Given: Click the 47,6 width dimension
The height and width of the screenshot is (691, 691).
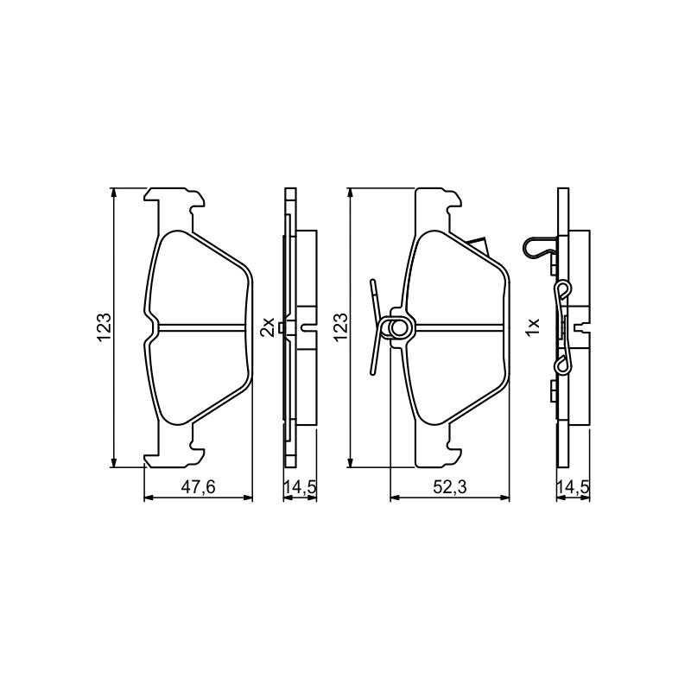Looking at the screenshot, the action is [198, 487].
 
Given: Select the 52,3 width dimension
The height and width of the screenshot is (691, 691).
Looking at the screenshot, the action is [449, 487].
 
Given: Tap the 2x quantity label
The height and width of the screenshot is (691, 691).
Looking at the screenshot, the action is [267, 327].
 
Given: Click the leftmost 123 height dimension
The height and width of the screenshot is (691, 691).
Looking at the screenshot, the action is [104, 328].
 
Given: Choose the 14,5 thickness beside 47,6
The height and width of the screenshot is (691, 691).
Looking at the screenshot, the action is [300, 487].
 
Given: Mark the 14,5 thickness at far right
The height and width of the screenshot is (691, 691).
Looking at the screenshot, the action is [573, 487].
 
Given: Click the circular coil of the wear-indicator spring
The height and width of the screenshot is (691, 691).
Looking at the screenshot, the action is [399, 328].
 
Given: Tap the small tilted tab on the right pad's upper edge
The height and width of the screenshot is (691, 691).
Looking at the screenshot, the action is [478, 245].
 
